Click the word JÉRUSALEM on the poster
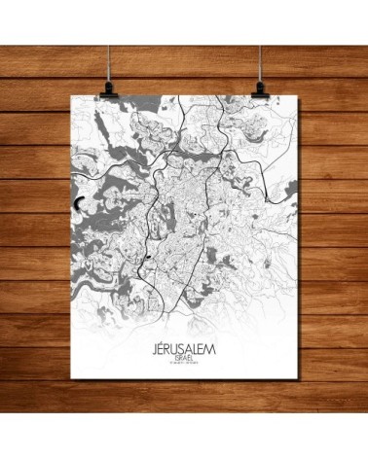[x=185, y=348]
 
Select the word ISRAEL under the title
[x=185, y=359]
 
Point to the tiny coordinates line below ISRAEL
[x=185, y=366]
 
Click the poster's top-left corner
[x=73, y=97]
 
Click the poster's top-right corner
[x=296, y=97]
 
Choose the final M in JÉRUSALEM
[x=213, y=348]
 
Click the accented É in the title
[x=162, y=348]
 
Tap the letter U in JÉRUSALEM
[x=176, y=348]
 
